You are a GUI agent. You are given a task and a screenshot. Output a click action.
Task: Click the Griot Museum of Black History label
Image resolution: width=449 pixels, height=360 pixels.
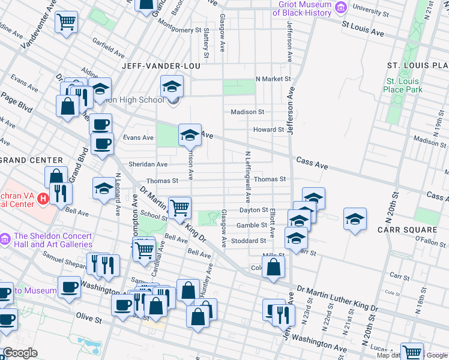click(x=305, y=8)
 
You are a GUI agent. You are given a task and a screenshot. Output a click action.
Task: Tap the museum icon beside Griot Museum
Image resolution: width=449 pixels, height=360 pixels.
click(x=342, y=8)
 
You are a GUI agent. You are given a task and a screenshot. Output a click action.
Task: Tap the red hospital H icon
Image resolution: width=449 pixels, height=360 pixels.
click(x=42, y=197)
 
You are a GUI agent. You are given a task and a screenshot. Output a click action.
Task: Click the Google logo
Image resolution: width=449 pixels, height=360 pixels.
click(x=20, y=353)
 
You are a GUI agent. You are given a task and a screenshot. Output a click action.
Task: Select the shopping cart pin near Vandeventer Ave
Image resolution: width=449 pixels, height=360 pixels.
click(x=67, y=23)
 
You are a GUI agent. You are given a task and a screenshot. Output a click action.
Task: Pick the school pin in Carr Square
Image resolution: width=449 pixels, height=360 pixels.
click(x=355, y=220)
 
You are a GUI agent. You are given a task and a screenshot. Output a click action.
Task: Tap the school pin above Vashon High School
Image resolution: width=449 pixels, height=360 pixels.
click(x=172, y=87)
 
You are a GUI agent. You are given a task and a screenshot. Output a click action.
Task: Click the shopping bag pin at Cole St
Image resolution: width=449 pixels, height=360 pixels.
click(x=274, y=268)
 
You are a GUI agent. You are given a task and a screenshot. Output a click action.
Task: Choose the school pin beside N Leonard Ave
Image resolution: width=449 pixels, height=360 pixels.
click(x=104, y=189)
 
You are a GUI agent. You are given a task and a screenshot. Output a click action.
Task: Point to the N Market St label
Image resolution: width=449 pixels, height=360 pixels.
click(x=273, y=79)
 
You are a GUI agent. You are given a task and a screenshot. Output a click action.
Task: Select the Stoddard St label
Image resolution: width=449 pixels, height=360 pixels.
click(x=250, y=241)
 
